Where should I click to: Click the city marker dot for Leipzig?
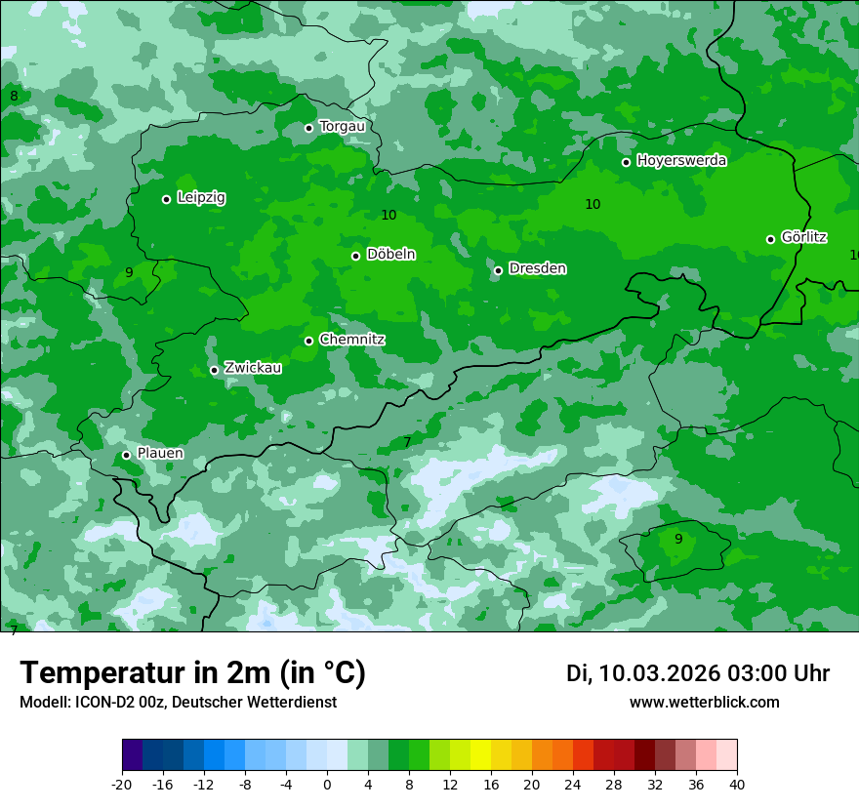coord(166,199)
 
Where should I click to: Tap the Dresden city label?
coord(537,268)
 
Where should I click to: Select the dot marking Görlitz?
coord(770,239)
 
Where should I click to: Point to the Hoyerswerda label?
coord(681,161)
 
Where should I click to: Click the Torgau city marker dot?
coord(308,128)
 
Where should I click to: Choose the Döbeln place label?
coord(390,255)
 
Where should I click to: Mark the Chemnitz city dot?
coord(308,341)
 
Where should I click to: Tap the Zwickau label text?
coord(253,368)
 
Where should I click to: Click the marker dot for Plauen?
coord(126,455)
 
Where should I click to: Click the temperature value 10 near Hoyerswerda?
coord(593,204)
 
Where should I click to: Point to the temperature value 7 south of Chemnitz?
coord(407,442)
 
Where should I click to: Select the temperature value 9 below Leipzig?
coord(129,272)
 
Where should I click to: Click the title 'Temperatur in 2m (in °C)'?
coord(192,673)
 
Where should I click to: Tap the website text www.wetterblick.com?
coord(704,702)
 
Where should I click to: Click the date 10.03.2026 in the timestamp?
coord(659,673)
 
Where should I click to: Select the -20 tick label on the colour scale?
coord(122,785)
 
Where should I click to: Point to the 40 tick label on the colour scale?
coord(737,785)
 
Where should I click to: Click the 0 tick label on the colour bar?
coord(327,785)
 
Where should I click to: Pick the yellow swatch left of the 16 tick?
coord(480,755)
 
